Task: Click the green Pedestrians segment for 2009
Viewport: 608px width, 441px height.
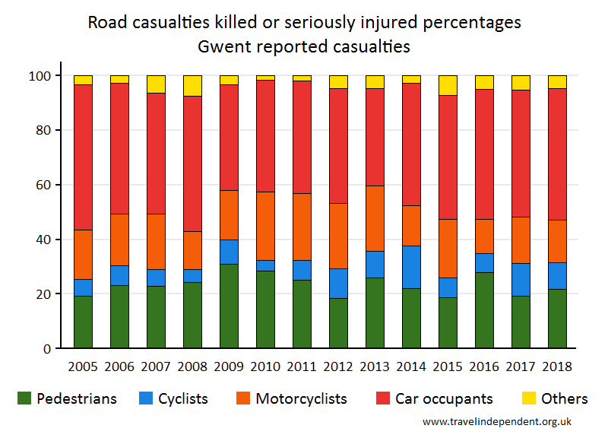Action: (229, 306)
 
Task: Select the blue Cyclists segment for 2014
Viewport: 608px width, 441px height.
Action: (411, 267)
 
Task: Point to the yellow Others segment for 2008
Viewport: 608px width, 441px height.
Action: (192, 86)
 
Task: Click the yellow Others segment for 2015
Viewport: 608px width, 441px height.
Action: (448, 85)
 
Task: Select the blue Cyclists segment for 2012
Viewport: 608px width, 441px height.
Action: (338, 283)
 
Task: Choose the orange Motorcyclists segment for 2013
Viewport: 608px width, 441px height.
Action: (375, 218)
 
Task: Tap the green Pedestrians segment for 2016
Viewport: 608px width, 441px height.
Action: (484, 310)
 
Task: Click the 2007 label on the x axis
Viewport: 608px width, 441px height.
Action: (156, 366)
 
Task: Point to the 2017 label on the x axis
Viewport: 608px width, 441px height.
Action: (521, 366)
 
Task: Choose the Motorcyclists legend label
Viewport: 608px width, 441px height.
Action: (301, 398)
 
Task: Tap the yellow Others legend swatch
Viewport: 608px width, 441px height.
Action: (528, 398)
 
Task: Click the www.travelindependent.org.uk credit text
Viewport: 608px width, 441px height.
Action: (497, 421)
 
